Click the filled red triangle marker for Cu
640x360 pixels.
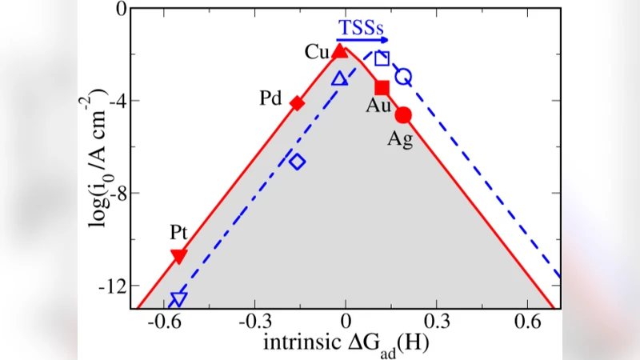[340, 51]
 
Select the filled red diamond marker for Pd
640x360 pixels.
[297, 102]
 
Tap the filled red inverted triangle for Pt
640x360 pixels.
[179, 256]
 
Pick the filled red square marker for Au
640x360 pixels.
[382, 87]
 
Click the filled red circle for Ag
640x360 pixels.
[403, 115]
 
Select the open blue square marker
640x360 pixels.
[382, 58]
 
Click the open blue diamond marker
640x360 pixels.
[297, 162]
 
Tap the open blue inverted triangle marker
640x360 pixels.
[178, 300]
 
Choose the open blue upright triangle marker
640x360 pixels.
[339, 78]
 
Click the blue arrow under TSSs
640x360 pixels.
[362, 39]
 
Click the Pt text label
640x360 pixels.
[178, 234]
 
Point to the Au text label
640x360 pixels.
[379, 106]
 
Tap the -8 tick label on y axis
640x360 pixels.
[114, 193]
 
